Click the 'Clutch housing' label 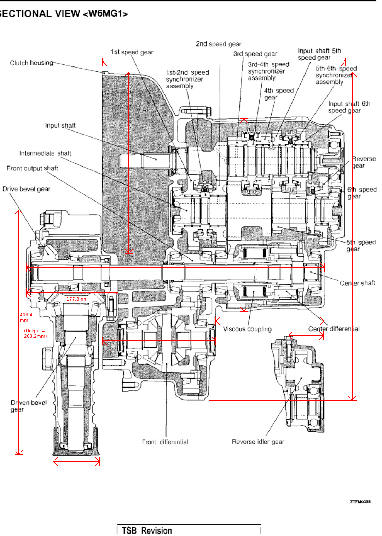[x=31, y=63]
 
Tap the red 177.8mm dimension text [x=77, y=299]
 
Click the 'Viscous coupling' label [x=247, y=329]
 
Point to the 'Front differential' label [x=165, y=442]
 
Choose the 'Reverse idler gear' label [x=258, y=442]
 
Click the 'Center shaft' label [x=357, y=283]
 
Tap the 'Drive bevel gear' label [x=26, y=189]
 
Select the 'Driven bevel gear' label [x=29, y=406]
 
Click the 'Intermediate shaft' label [x=45, y=153]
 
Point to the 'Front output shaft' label [x=32, y=168]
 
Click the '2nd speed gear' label [x=219, y=44]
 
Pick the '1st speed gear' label [x=132, y=52]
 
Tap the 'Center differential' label [x=334, y=329]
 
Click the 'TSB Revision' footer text [x=147, y=530]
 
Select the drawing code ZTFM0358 [x=360, y=502]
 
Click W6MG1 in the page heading [x=105, y=14]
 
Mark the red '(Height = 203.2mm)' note [x=35, y=333]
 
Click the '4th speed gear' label [x=279, y=94]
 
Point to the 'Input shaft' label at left [x=60, y=126]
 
